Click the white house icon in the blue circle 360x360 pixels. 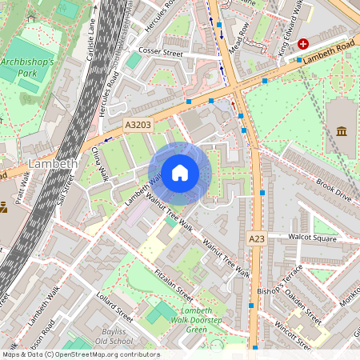(x=180, y=173)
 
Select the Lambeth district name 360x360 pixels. (x=53, y=163)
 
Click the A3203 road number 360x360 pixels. (x=137, y=125)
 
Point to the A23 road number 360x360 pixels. (x=256, y=238)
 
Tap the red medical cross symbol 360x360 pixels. (x=303, y=44)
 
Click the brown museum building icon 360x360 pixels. (x=342, y=130)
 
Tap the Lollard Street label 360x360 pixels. (x=112, y=307)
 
